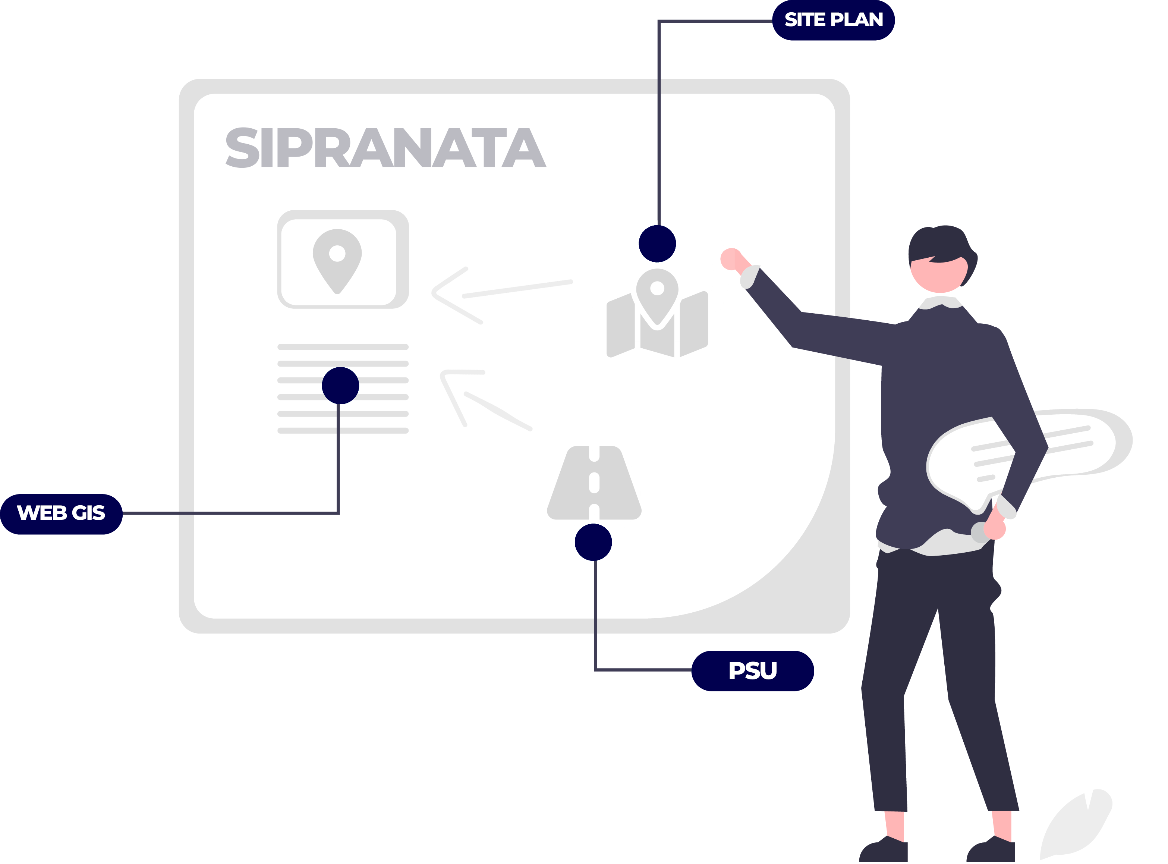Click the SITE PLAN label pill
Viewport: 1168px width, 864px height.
point(833,20)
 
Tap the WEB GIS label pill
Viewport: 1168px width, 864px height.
point(61,513)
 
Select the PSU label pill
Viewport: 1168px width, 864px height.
point(752,671)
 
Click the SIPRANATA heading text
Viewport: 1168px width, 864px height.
point(385,148)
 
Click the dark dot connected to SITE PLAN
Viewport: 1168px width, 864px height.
point(657,244)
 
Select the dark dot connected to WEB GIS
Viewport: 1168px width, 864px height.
point(340,386)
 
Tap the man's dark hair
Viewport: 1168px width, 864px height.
point(941,243)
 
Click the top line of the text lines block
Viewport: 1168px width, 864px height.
point(343,347)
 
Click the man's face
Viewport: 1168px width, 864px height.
point(938,274)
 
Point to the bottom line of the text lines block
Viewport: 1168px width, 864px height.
point(343,431)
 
